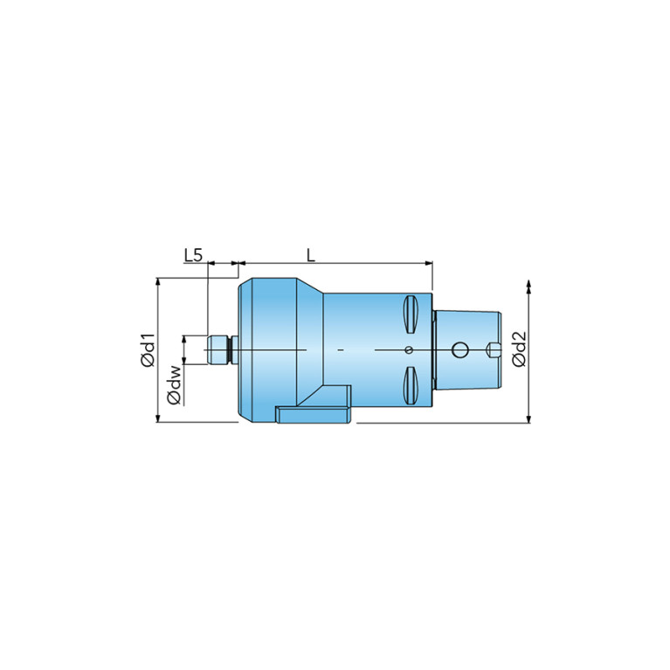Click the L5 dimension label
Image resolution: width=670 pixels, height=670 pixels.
pos(193,256)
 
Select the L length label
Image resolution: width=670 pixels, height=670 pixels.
pos(311,256)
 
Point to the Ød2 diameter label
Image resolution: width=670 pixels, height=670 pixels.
pos(519,349)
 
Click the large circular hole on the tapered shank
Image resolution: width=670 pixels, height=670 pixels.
pos(459,350)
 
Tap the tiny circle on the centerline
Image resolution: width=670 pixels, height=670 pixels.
pos(409,350)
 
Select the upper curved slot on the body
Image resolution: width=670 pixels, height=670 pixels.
pos(411,314)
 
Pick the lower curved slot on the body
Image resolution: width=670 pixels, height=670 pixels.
pos(411,385)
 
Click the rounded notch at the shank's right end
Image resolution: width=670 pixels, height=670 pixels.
pos(494,350)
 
